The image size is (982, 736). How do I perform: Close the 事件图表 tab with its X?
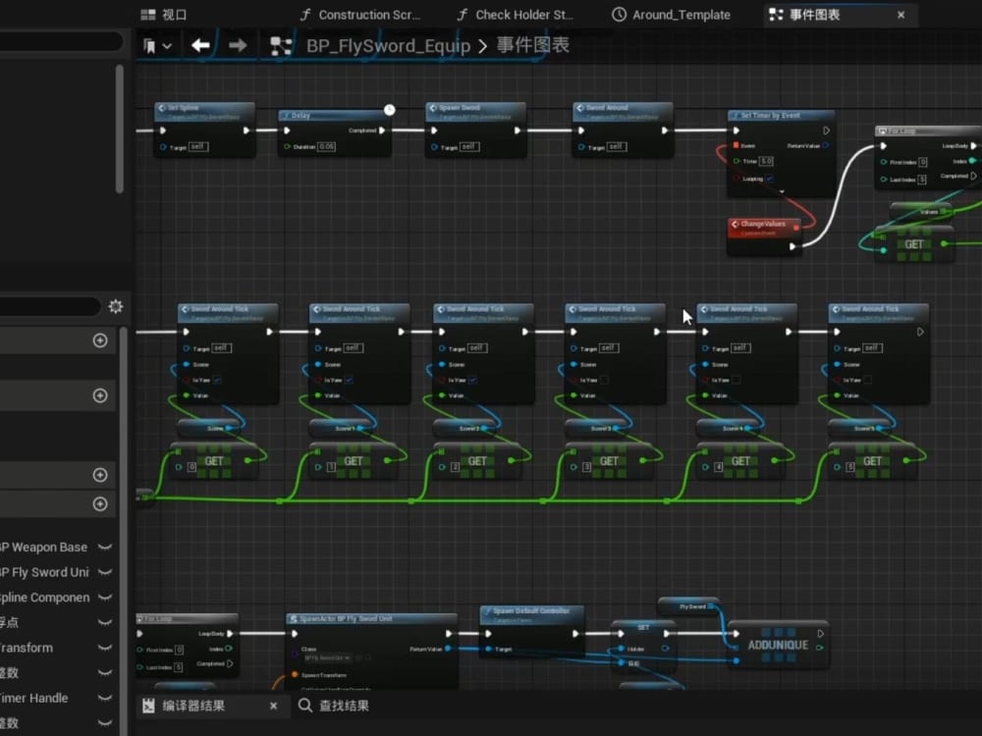(x=901, y=15)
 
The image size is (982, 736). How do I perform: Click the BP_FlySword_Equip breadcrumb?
(x=388, y=46)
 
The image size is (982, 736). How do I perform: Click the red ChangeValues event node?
(x=765, y=225)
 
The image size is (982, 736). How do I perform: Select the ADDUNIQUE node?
(x=778, y=645)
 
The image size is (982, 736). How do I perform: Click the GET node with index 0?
(x=214, y=461)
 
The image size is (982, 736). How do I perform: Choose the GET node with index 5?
(x=872, y=461)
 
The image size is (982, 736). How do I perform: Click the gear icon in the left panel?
(x=116, y=306)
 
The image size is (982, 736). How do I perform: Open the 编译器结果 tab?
(x=193, y=706)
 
